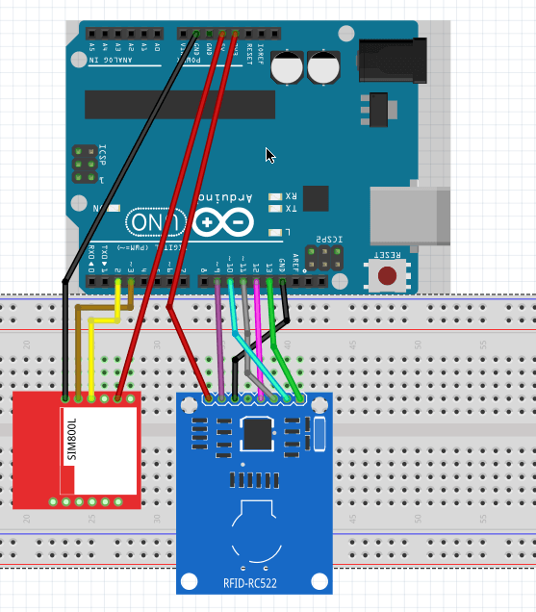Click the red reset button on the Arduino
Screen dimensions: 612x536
[388, 275]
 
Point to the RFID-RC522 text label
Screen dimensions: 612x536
[254, 581]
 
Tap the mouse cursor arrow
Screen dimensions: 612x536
[270, 156]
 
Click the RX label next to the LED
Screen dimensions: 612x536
[291, 196]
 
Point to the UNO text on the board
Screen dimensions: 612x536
[149, 223]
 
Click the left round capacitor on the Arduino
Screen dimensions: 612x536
[286, 67]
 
